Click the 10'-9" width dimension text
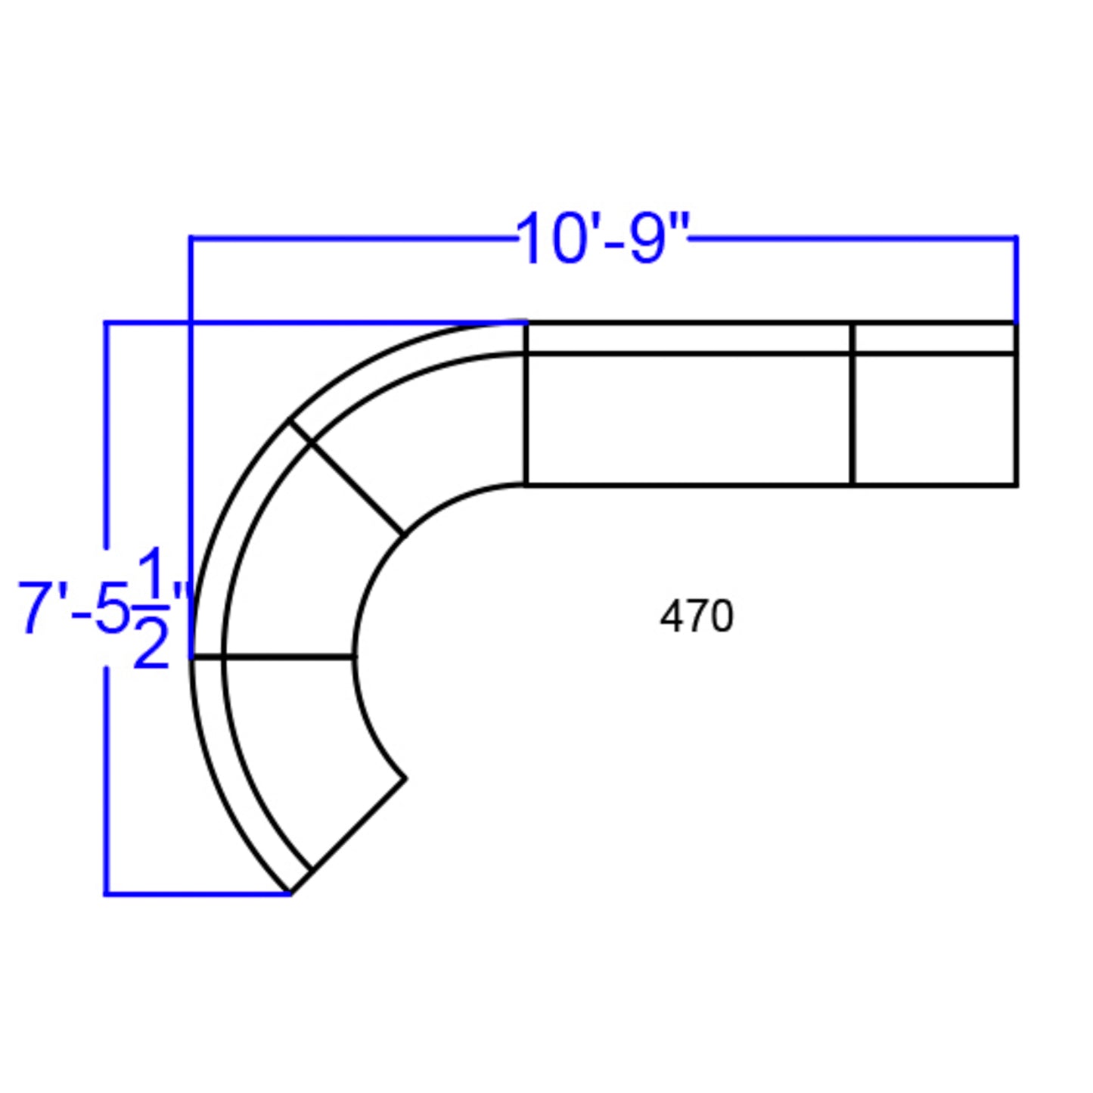603,238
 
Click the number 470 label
697,616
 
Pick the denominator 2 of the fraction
151,641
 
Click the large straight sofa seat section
689,419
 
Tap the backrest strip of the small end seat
934,338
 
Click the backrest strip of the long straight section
689,338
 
